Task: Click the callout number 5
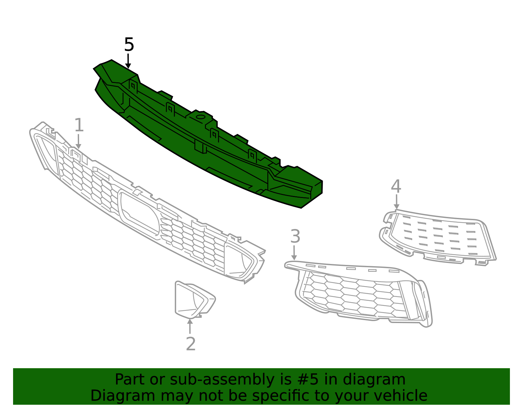[x=129, y=44]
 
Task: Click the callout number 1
[x=79, y=125]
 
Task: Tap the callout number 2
[x=191, y=344]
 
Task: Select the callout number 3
[x=295, y=236]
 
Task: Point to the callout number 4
[x=396, y=186]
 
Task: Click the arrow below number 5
[x=128, y=61]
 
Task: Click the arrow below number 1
[x=78, y=142]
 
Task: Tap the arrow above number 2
[x=190, y=326]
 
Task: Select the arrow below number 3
[x=294, y=253]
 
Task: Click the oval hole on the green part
[x=200, y=117]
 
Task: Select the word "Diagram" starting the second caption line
[x=123, y=396]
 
